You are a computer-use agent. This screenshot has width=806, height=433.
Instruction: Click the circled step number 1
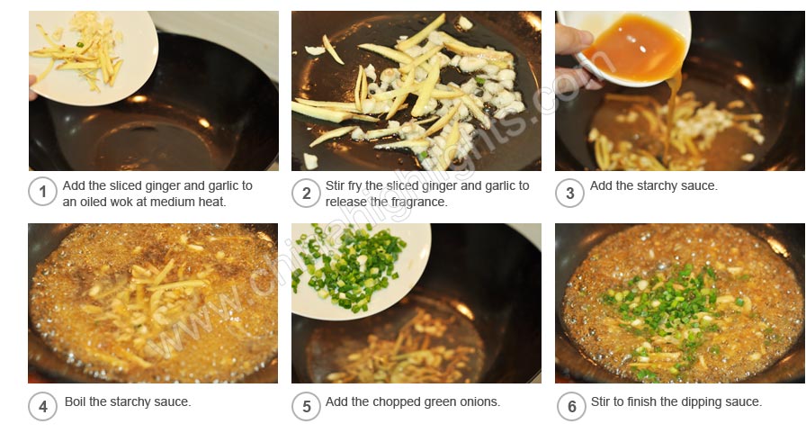click(x=42, y=192)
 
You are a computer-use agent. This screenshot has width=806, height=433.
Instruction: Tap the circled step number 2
click(x=306, y=194)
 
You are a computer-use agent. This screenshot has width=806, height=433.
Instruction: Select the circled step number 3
click(x=569, y=194)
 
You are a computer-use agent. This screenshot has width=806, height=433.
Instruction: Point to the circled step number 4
click(x=42, y=407)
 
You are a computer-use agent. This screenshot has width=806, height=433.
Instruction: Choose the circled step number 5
click(x=306, y=407)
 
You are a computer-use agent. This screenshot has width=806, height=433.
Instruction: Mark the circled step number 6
click(x=571, y=407)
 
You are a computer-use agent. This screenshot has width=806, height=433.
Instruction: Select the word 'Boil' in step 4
click(x=75, y=401)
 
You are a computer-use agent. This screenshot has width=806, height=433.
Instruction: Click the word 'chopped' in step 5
click(x=394, y=402)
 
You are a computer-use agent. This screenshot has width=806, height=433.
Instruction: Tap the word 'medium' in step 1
click(x=175, y=203)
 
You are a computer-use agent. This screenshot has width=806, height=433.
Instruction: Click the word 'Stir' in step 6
click(x=601, y=401)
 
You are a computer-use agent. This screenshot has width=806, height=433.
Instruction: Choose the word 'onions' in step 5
click(x=481, y=401)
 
